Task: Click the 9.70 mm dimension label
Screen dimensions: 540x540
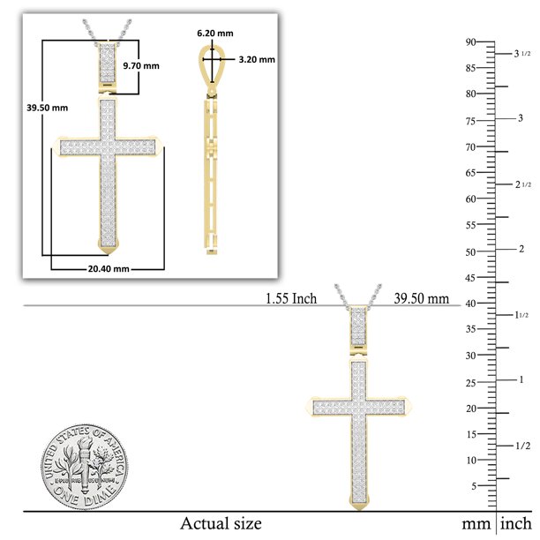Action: tap(141, 66)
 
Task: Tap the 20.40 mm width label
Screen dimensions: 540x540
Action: tap(109, 268)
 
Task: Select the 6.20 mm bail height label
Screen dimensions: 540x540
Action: tap(215, 33)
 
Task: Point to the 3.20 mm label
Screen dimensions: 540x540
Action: tap(257, 59)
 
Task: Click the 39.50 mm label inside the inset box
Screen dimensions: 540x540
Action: tap(47, 108)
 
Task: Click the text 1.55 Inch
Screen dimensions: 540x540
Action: tap(291, 298)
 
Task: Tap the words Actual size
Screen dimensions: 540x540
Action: tap(221, 523)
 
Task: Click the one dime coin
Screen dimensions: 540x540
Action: tap(85, 467)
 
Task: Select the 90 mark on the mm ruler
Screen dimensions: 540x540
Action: tap(470, 42)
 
